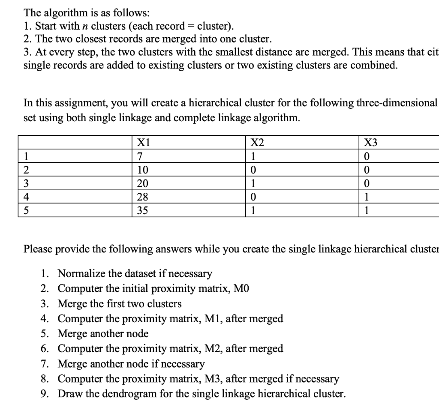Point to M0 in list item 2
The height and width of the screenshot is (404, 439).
pyautogui.click(x=241, y=288)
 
